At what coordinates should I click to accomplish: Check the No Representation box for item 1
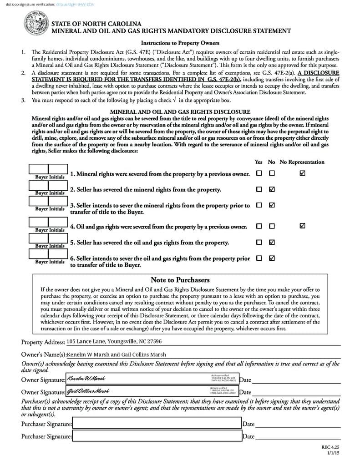(303, 173)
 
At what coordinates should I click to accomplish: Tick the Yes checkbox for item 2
(259, 189)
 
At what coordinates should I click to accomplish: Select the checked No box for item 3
(272, 205)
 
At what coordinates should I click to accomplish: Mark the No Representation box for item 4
(303, 226)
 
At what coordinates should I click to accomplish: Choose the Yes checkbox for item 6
(259, 258)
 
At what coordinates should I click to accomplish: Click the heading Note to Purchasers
(180, 280)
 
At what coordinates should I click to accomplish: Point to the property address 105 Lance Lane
(114, 341)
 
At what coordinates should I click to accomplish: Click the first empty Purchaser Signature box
(157, 424)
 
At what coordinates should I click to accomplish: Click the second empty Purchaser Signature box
(157, 436)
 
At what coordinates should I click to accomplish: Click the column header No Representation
(302, 162)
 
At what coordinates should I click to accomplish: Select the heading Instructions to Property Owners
(180, 43)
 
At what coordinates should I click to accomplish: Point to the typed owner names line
(117, 355)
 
